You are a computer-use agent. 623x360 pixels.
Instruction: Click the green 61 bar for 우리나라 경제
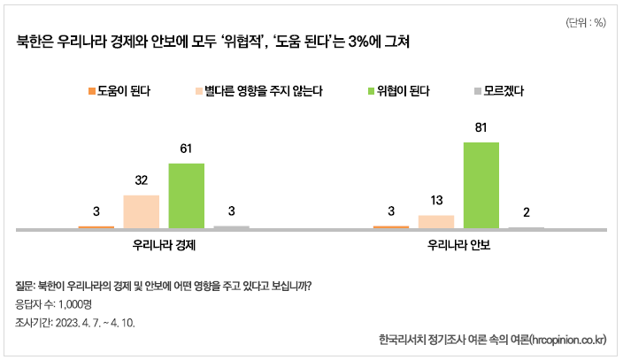tap(186, 195)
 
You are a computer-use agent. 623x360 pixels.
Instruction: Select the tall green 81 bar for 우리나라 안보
tap(481, 185)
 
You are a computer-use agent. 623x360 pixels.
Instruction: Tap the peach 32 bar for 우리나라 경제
tap(141, 211)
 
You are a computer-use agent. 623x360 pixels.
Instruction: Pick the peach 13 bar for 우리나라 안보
tap(435, 221)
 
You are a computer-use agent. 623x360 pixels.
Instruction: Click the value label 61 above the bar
tap(186, 149)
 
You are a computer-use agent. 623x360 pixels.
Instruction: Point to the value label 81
tap(481, 127)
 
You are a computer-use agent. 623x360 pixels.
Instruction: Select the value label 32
tap(141, 180)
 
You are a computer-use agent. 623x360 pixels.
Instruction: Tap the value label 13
tap(435, 201)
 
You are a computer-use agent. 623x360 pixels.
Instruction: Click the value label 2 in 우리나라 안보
tap(527, 211)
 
